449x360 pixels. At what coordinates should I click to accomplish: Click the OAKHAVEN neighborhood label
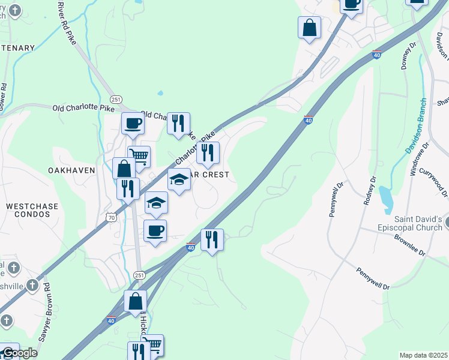point(71,170)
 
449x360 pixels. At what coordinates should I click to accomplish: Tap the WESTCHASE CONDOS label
point(32,211)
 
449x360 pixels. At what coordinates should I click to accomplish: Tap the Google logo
point(19,353)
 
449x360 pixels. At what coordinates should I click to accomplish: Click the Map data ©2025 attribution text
point(423,355)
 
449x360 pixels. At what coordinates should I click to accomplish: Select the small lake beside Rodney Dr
point(385,196)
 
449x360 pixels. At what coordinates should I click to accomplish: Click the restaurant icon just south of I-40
point(212,239)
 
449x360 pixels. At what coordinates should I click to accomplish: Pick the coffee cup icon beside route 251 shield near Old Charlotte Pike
point(133,123)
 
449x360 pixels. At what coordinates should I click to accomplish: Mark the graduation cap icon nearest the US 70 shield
point(156,202)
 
